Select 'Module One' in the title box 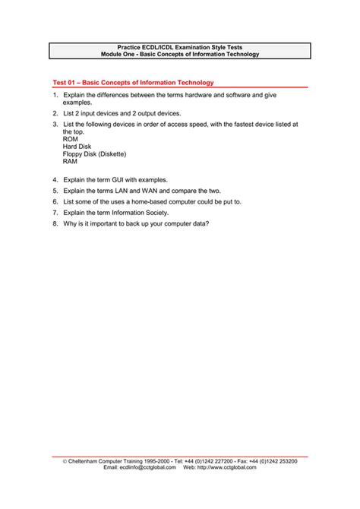(x=122, y=55)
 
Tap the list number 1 (x=55, y=94)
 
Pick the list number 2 (x=55, y=112)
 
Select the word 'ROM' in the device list (x=71, y=140)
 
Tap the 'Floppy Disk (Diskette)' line (x=94, y=154)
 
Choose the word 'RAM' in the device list (x=71, y=162)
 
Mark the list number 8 (x=55, y=224)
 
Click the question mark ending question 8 (x=207, y=224)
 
